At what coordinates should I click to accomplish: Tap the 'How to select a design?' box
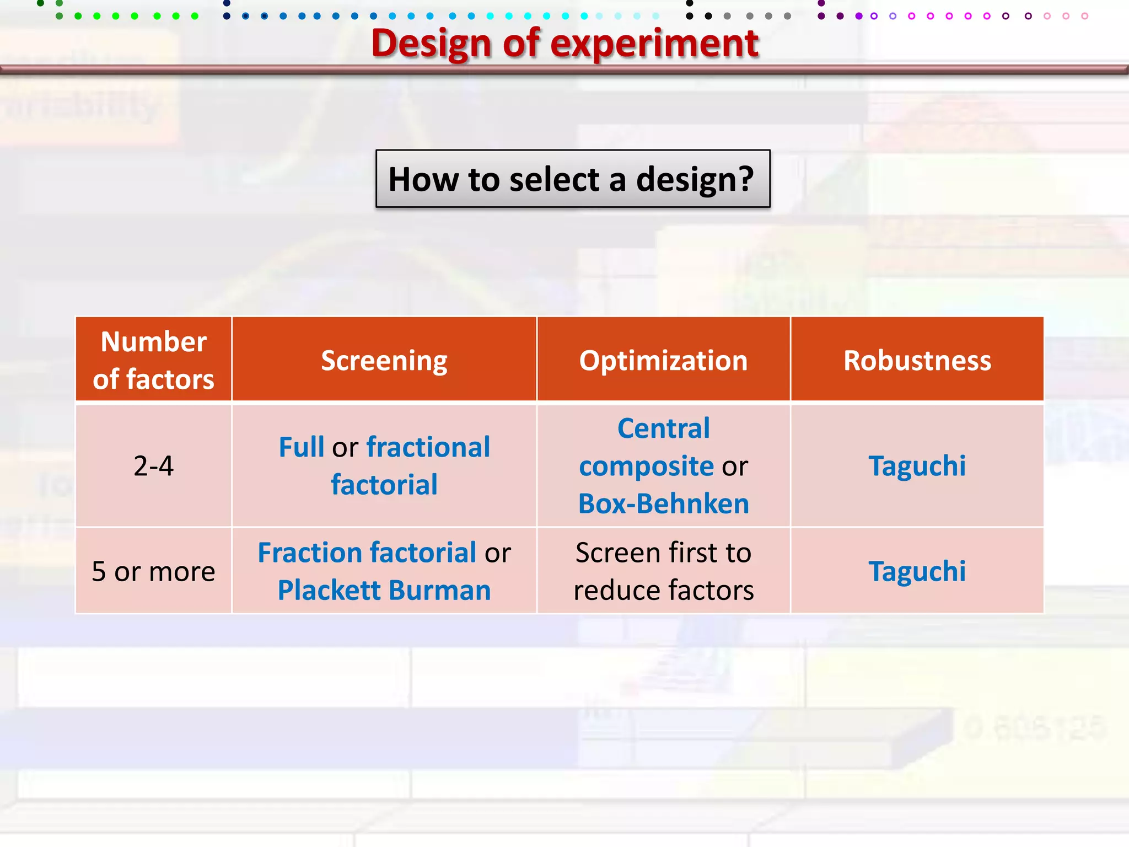pyautogui.click(x=572, y=179)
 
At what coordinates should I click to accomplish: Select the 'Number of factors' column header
pyautogui.click(x=153, y=360)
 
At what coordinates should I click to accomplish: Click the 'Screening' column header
pyautogui.click(x=384, y=361)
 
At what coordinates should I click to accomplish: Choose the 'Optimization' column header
pyautogui.click(x=663, y=361)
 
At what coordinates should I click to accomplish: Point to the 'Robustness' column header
pyautogui.click(x=917, y=361)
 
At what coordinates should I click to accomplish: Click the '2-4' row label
pyautogui.click(x=153, y=466)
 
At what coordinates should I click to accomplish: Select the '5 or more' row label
pyautogui.click(x=153, y=571)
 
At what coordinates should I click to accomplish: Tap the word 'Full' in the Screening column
pyautogui.click(x=301, y=447)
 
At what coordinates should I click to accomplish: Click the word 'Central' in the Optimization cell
pyautogui.click(x=663, y=428)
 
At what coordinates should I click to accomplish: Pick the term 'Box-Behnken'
pyautogui.click(x=663, y=503)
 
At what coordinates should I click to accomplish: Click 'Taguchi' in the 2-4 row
pyautogui.click(x=917, y=466)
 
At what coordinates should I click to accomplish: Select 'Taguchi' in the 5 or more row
pyautogui.click(x=917, y=571)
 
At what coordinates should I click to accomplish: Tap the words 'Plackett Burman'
pyautogui.click(x=384, y=590)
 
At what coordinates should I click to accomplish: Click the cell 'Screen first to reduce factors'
pyautogui.click(x=663, y=571)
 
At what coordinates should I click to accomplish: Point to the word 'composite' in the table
pyautogui.click(x=646, y=467)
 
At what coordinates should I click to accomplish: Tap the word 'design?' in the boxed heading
pyautogui.click(x=695, y=179)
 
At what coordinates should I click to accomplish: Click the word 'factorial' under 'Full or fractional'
pyautogui.click(x=384, y=485)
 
